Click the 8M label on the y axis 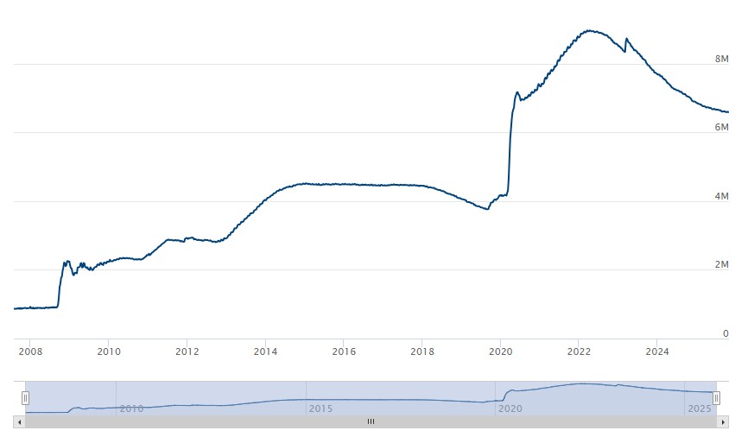(722, 60)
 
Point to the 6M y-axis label (722, 128)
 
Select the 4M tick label (722, 197)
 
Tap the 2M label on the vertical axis (722, 265)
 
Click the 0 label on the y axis (725, 333)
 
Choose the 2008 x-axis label (30, 351)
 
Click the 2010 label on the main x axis (109, 351)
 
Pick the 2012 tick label (187, 351)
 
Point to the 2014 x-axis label (265, 351)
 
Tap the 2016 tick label (344, 351)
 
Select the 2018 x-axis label (422, 351)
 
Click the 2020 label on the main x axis (501, 351)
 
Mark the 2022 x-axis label (579, 351)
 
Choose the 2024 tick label (657, 351)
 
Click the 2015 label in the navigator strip (320, 408)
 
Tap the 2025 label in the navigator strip (698, 408)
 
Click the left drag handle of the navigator (25, 398)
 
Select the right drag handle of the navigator (716, 398)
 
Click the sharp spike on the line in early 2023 (626, 39)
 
